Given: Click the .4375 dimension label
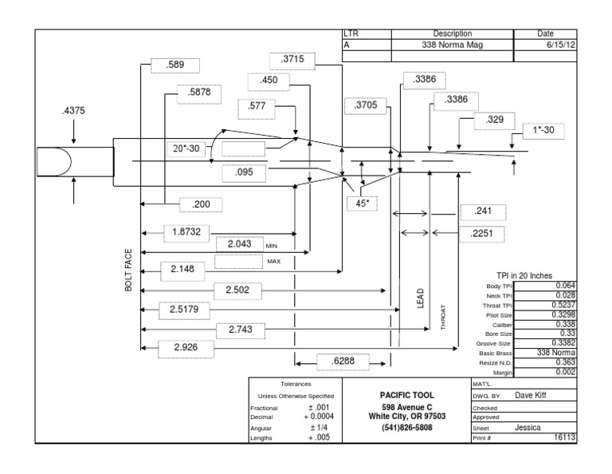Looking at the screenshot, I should [73, 112].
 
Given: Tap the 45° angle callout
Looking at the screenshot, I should [362, 203].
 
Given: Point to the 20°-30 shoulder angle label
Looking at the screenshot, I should [187, 148].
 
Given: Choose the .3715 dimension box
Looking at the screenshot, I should [292, 60].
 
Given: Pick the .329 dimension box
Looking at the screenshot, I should [495, 120].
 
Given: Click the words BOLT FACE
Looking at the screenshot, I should [128, 269].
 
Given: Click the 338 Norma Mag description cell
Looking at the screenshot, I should [452, 45].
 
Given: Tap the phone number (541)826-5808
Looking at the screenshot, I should [407, 428].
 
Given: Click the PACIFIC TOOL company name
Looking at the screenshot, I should [407, 395].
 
